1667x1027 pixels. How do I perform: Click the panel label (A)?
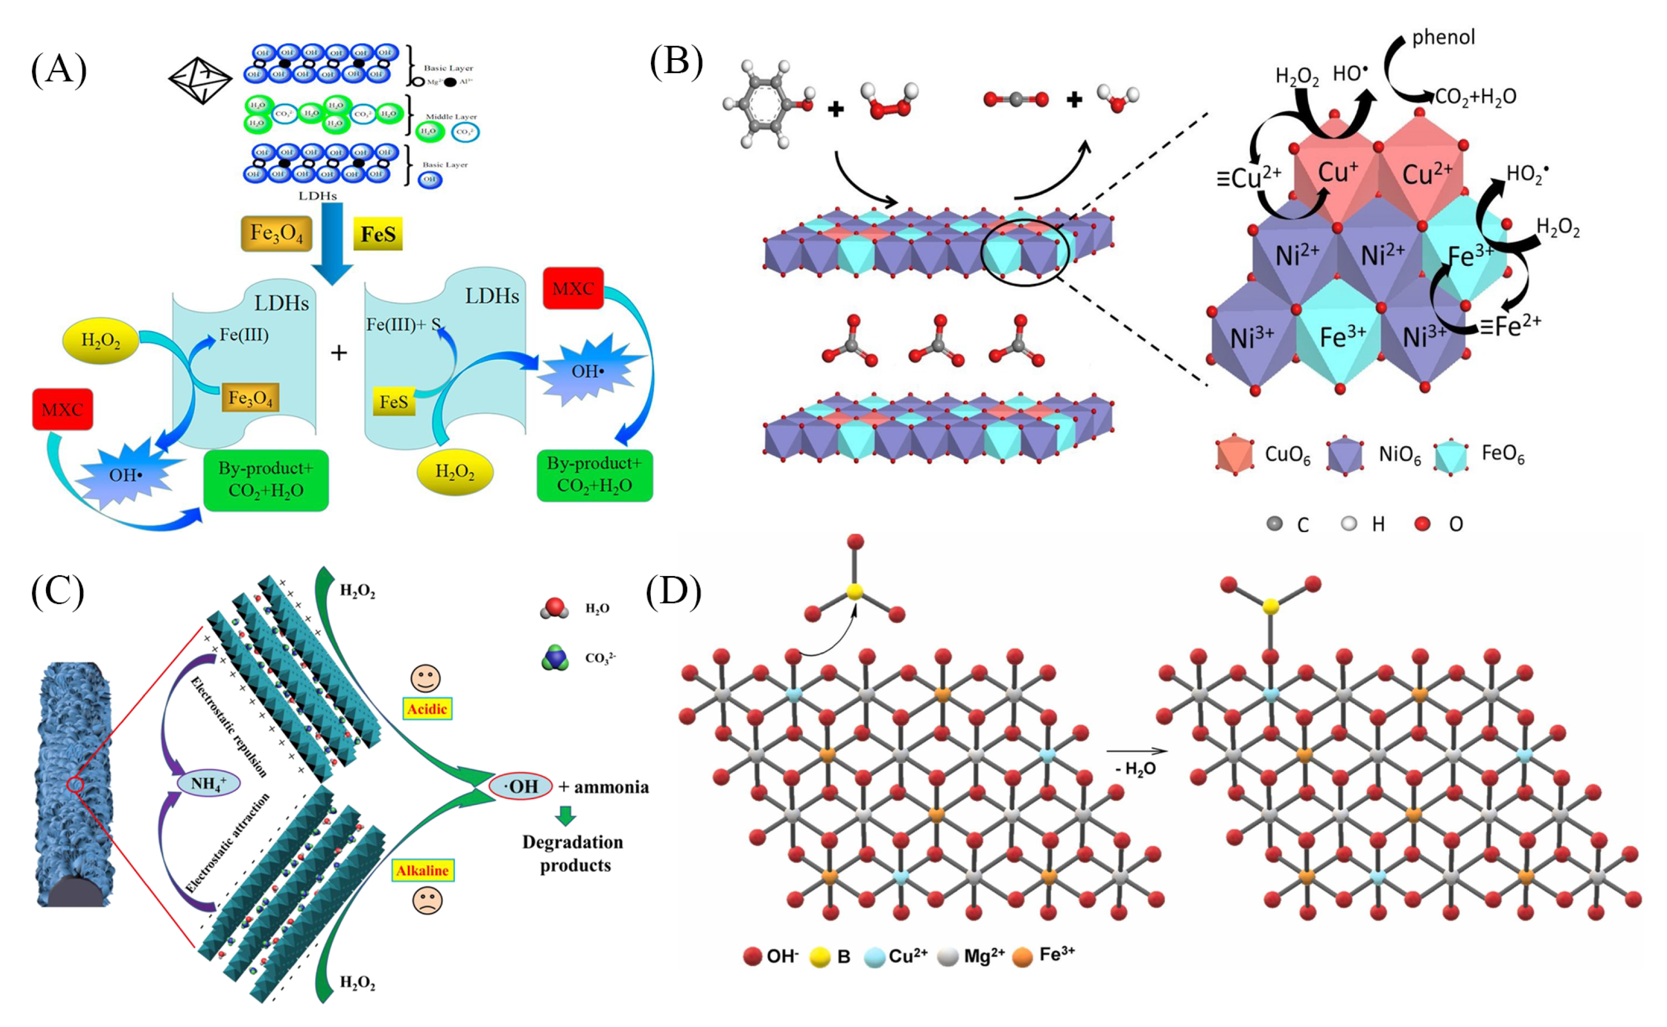[59, 70]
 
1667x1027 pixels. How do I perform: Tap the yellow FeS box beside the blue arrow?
[378, 234]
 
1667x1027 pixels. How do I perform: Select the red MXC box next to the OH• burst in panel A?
[63, 410]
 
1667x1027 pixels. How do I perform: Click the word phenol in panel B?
[1443, 37]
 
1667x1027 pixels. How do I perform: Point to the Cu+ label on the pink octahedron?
[1337, 173]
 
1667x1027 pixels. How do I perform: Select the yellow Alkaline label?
[423, 871]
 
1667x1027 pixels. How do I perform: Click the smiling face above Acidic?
[426, 678]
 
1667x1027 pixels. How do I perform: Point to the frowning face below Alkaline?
[427, 901]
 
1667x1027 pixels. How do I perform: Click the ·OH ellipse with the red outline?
[520, 786]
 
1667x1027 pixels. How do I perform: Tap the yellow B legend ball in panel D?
[820, 957]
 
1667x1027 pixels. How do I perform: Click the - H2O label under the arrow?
[1135, 769]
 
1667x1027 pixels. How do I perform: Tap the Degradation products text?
[573, 853]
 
